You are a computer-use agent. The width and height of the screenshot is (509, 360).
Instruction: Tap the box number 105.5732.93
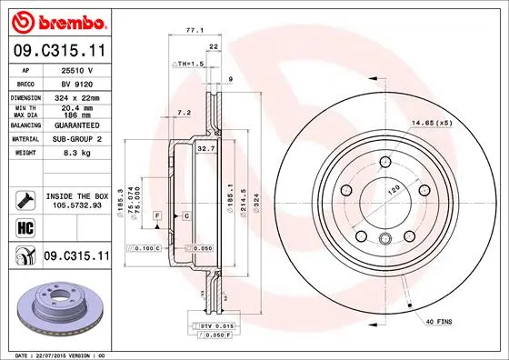[x=76, y=205]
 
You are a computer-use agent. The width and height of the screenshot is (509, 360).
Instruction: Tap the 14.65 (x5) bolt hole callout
[x=433, y=122]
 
